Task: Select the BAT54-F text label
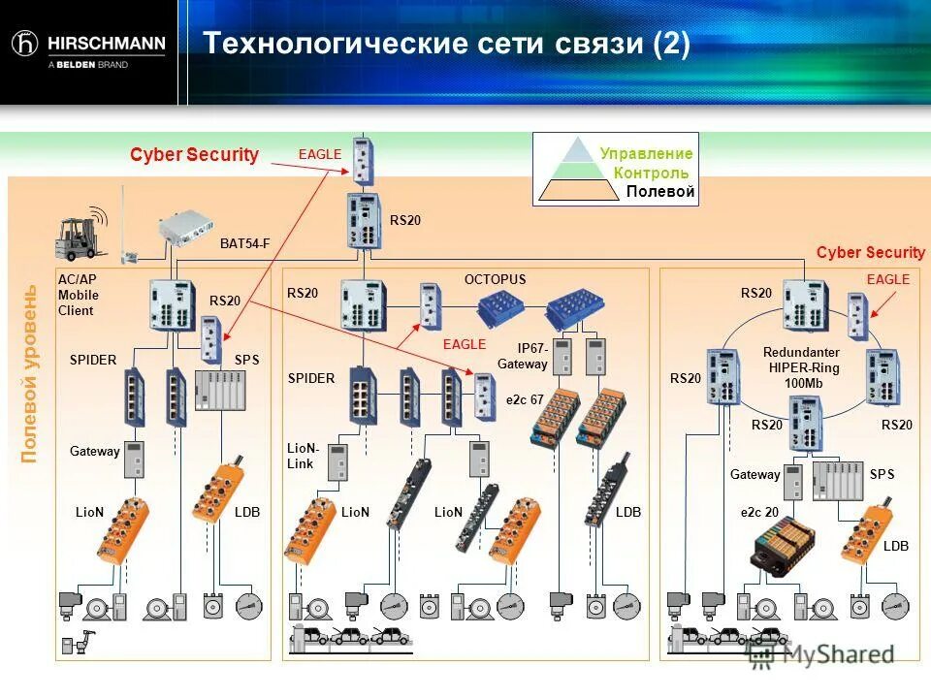(x=244, y=243)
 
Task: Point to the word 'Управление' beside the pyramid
(x=646, y=153)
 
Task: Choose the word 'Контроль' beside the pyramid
(x=651, y=173)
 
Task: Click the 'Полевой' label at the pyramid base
(x=659, y=192)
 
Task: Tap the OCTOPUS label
(x=495, y=279)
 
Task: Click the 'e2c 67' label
(x=525, y=399)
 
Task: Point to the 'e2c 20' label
(x=760, y=511)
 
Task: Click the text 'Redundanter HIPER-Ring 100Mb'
(x=801, y=368)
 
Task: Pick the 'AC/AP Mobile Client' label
(x=78, y=295)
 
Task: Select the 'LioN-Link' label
(x=304, y=456)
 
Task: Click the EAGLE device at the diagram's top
(x=362, y=160)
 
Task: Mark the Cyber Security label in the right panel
(x=870, y=253)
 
